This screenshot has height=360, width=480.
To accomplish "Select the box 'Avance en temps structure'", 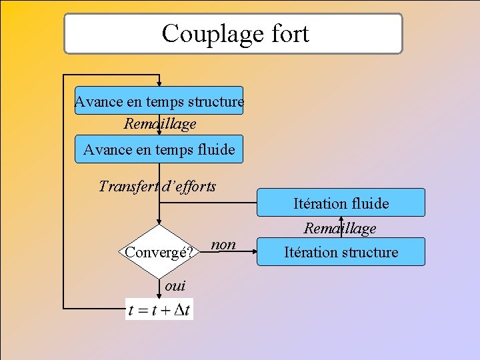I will point(159,101).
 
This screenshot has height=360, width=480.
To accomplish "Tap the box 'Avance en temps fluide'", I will point(159,149).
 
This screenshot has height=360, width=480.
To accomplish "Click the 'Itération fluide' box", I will point(341,203).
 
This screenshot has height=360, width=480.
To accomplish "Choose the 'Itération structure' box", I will point(341,252).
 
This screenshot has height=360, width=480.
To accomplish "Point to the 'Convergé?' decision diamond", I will point(159,251).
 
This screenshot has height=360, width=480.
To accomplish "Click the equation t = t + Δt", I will point(159,310).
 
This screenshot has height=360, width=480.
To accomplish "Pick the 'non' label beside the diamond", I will point(223,245).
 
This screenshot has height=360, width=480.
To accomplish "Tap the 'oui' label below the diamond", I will point(175,285).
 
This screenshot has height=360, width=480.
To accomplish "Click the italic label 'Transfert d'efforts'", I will point(157,186).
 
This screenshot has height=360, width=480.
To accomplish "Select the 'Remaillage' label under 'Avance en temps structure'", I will point(160,123).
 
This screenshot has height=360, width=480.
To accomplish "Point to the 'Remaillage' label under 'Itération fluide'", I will point(341,228).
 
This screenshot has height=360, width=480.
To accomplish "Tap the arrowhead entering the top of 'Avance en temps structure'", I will point(159,83).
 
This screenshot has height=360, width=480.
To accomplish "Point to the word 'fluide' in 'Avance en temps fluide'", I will point(213,149).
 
